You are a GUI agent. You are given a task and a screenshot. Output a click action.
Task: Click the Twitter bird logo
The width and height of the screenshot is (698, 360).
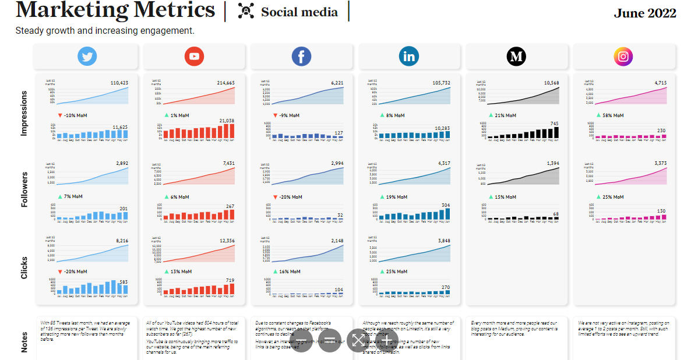87,57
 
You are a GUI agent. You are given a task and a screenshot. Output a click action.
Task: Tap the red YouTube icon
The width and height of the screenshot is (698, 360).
194,57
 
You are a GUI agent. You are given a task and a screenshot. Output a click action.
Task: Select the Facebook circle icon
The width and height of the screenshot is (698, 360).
301,57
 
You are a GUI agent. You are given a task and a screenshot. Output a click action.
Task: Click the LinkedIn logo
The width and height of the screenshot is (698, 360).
409,57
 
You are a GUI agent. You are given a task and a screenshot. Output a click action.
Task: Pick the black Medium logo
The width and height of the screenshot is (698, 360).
516,57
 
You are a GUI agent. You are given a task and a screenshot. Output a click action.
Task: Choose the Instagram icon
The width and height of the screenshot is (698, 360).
623,57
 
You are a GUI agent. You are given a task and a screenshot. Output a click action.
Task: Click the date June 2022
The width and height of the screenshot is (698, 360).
645,13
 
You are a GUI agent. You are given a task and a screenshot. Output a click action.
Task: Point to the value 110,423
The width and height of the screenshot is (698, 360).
119,83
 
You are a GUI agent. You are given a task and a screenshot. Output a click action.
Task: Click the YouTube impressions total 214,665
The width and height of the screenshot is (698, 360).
225,83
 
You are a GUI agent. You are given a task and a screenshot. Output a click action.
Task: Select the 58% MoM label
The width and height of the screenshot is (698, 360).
613,115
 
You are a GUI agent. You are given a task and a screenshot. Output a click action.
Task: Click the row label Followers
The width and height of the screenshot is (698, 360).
24,189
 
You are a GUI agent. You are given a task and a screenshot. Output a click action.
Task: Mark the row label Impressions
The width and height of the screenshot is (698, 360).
24,113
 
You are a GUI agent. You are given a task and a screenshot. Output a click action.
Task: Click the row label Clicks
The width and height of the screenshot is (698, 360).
24,267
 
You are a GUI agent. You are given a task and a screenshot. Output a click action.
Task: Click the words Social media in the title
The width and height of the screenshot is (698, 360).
299,12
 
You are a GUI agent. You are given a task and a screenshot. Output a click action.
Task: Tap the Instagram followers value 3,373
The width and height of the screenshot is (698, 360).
657,163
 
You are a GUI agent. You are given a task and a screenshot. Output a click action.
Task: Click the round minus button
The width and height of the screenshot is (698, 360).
301,340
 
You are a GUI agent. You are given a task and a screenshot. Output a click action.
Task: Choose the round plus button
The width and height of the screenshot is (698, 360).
386,340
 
